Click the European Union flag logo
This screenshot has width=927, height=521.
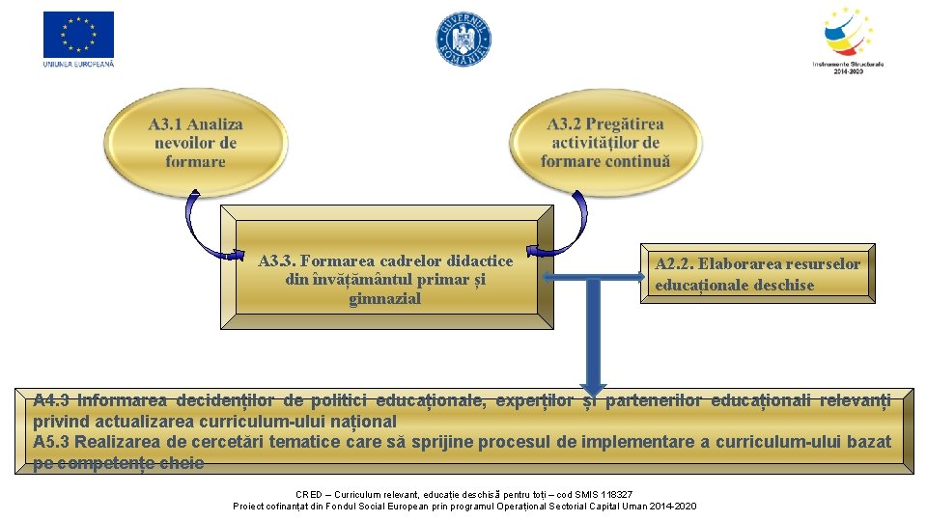coord(78,35)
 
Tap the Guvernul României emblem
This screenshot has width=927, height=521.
coord(463,40)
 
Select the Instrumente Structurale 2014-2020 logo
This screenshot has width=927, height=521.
coord(848,37)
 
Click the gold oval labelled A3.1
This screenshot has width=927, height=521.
coord(195,143)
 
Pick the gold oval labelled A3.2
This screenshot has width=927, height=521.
coord(605,143)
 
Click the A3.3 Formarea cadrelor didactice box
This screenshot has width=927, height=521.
coord(385,280)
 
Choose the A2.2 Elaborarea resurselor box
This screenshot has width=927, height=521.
coord(757,274)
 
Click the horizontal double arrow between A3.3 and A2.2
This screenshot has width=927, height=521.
coord(592,278)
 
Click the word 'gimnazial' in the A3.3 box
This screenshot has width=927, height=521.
coord(385,299)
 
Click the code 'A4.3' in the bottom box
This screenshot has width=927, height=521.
coord(52,400)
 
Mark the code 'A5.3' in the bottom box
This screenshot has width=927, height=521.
coord(52,442)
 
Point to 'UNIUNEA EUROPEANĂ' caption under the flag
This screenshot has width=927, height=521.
coord(78,65)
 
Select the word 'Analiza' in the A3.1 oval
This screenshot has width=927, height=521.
coord(216,124)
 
